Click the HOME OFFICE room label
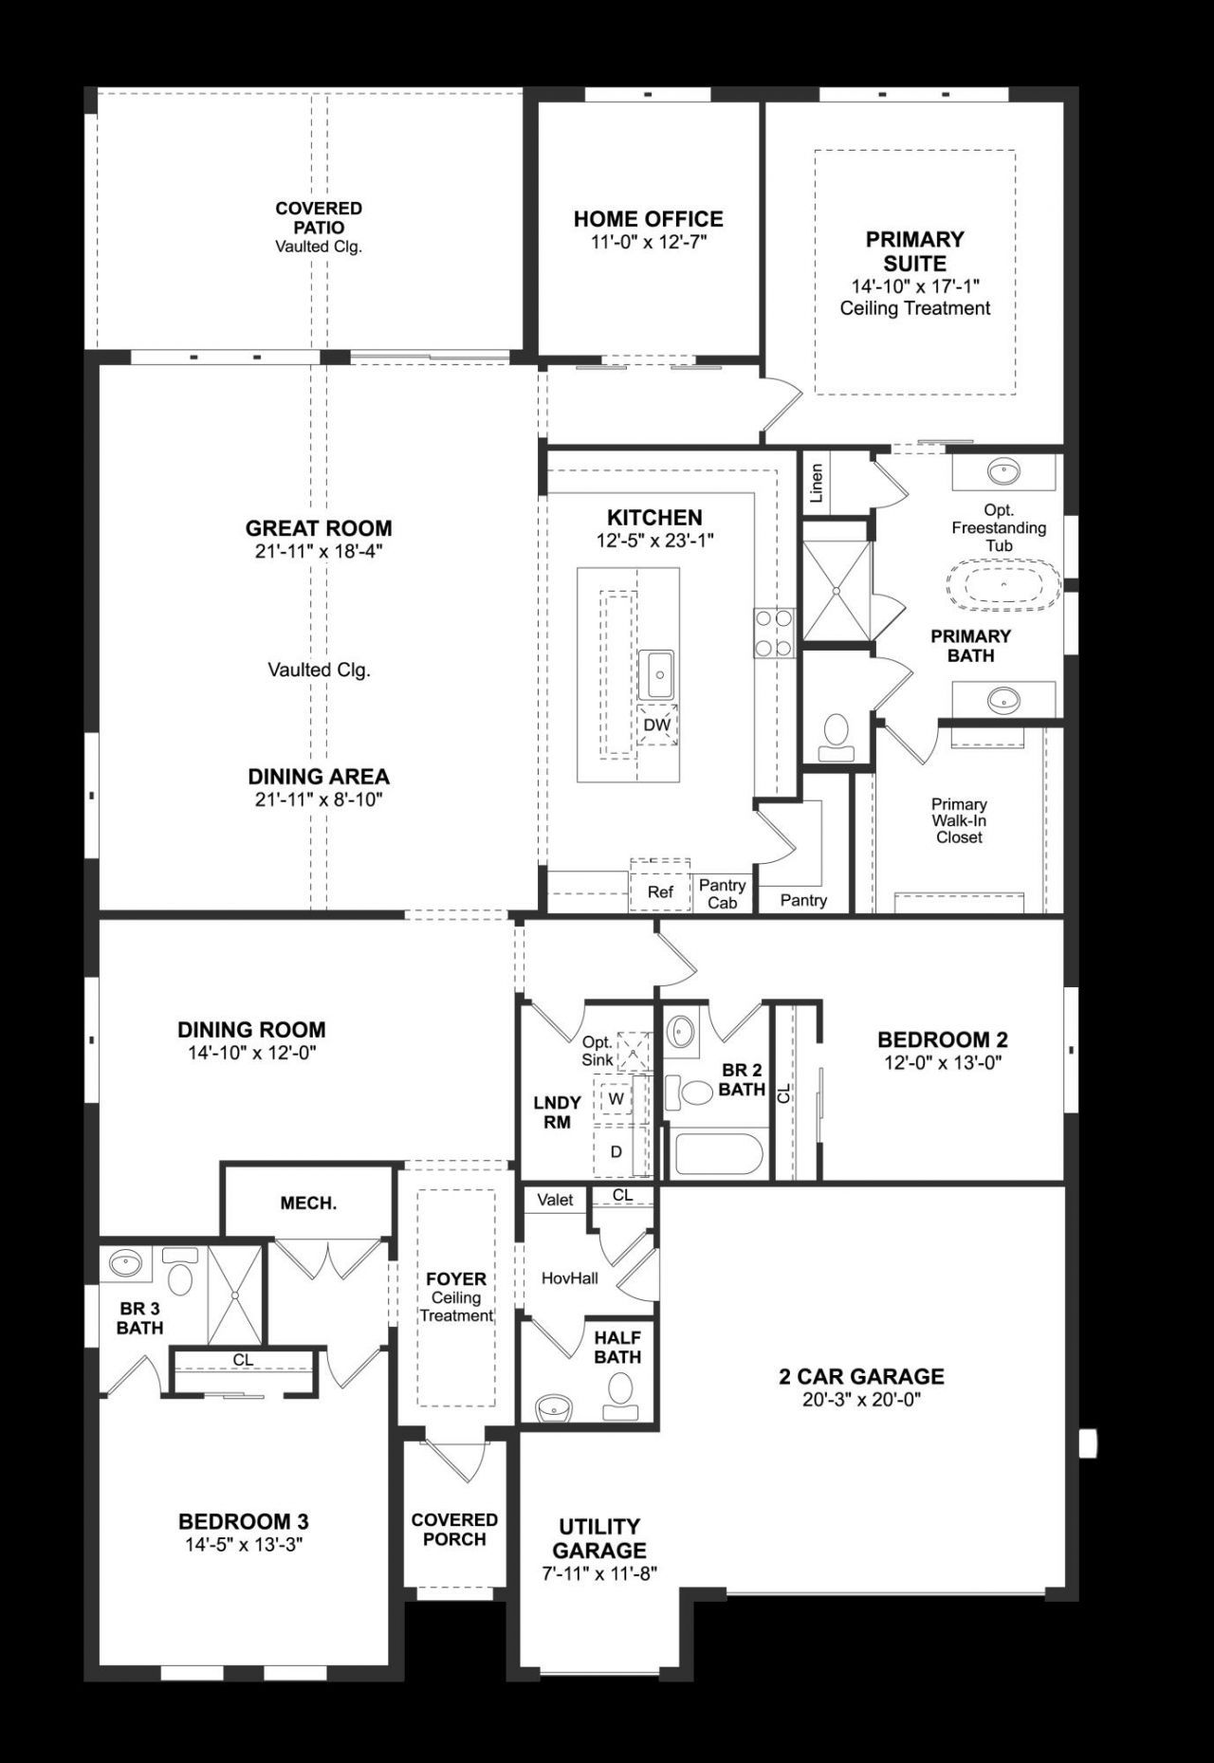pos(648,219)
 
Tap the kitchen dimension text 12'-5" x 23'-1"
pos(654,541)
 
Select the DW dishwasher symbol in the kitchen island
pos(656,725)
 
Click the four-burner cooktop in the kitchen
pos(773,633)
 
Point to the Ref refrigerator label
pos(660,891)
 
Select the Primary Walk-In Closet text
pos(959,820)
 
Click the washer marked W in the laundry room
pos(616,1098)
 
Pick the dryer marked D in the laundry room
pos(616,1151)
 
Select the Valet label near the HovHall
pos(555,1200)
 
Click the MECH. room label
pos(308,1203)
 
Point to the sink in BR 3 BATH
pos(126,1263)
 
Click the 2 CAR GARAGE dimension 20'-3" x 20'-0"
pos(861,1399)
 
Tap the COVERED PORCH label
pos(454,1529)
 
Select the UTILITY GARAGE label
pos(598,1538)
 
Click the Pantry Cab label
pos(723,893)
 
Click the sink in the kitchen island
pos(655,673)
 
